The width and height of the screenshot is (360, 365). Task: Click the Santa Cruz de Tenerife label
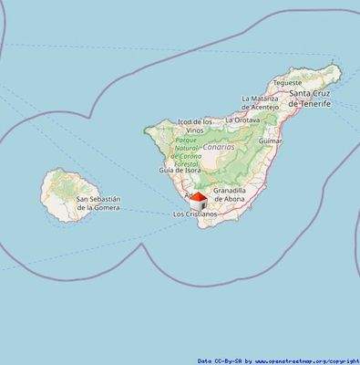click(310, 99)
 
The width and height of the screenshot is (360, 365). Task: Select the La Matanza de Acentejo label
click(260, 102)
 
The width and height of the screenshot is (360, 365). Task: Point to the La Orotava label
click(242, 120)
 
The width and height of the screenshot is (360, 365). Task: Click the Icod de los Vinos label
click(195, 126)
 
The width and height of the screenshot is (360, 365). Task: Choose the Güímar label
click(271, 141)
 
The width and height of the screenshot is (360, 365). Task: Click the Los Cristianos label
click(195, 214)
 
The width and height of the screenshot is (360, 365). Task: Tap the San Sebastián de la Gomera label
click(98, 203)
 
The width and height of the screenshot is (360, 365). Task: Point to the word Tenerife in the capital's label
click(313, 104)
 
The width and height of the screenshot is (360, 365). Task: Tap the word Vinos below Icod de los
click(195, 130)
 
